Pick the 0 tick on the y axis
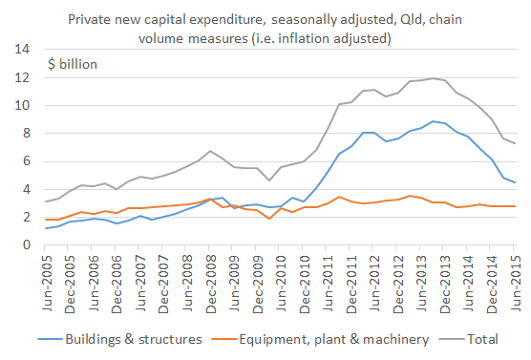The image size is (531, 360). (27, 245)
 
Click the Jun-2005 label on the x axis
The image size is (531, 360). (44, 278)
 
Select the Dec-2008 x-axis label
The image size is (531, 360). (212, 278)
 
